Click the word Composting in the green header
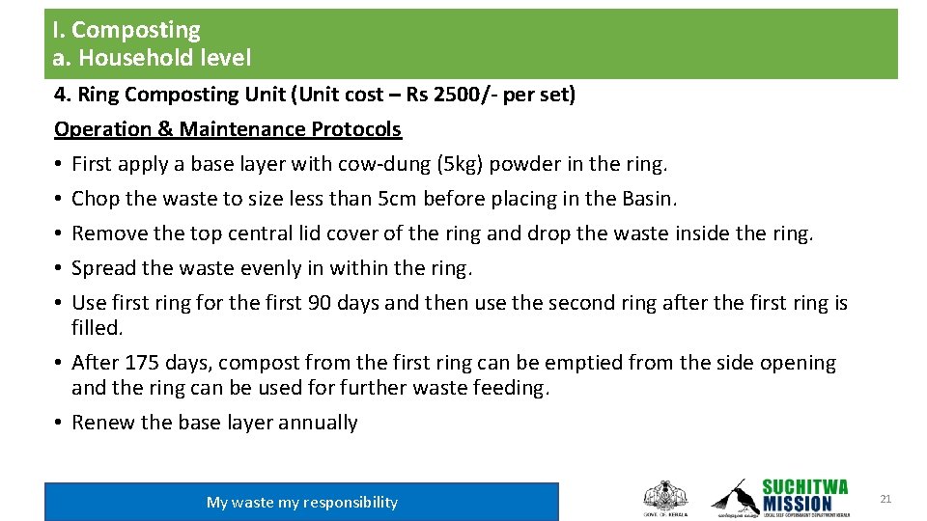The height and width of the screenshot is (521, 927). (x=136, y=31)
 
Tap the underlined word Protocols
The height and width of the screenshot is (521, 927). (x=356, y=129)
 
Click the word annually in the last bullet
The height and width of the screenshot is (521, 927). (x=318, y=423)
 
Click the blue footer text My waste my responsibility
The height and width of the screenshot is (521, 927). (x=302, y=502)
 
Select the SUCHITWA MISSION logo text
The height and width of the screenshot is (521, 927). (x=804, y=495)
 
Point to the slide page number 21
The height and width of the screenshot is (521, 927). (x=885, y=499)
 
